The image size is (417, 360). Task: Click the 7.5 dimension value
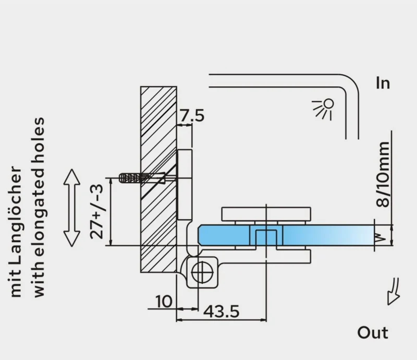pyautogui.click(x=192, y=115)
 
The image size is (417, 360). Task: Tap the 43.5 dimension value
pyautogui.click(x=221, y=311)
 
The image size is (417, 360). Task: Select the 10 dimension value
pyautogui.click(x=164, y=302)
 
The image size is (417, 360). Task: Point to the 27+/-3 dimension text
pyautogui.click(x=96, y=212)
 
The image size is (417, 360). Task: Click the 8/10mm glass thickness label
pyautogui.click(x=383, y=174)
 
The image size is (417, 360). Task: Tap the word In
pyautogui.click(x=383, y=83)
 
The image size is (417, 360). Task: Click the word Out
pyautogui.click(x=373, y=332)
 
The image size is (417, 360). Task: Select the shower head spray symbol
pyautogui.click(x=323, y=109)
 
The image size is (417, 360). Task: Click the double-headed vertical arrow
pyautogui.click(x=72, y=208)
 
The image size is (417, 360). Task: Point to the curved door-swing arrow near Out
pyautogui.click(x=394, y=291)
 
